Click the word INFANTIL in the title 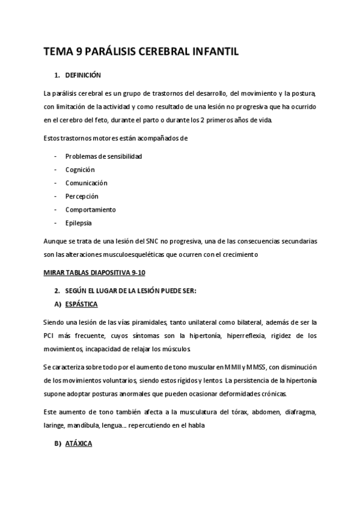[213, 52]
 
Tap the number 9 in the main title [76, 52]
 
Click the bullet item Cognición [80, 170]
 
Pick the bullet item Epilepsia [79, 223]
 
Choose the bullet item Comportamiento [91, 209]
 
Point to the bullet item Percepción [82, 196]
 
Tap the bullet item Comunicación [86, 183]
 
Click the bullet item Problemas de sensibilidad [103, 156]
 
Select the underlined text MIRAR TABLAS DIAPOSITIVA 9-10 [94, 272]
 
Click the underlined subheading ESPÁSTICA [82, 304]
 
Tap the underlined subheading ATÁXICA [79, 446]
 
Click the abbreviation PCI [50, 335]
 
